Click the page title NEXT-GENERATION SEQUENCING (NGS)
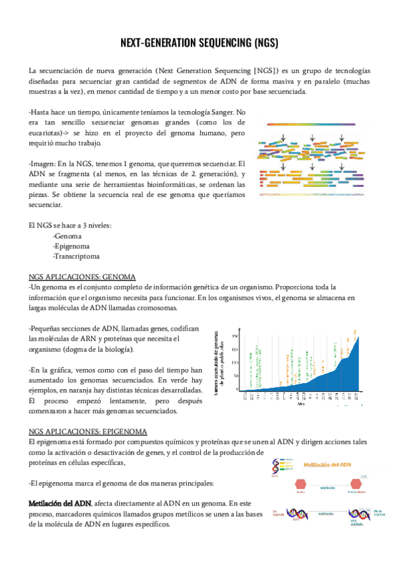(199, 43)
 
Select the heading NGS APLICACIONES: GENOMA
(82, 276)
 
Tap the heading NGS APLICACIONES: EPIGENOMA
(90, 431)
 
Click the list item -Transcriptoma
(76, 256)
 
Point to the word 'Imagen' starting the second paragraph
(43, 163)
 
